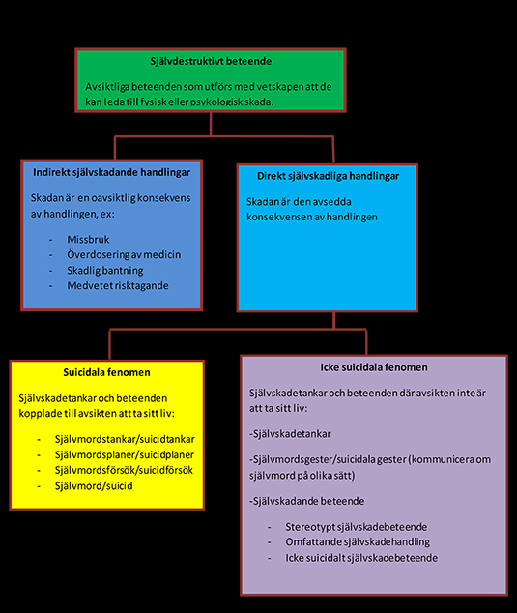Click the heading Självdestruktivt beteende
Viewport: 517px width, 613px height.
click(211, 61)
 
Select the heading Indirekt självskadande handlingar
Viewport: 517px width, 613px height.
click(112, 172)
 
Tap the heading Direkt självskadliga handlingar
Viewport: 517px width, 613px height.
click(328, 176)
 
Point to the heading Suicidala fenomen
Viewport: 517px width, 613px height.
click(106, 372)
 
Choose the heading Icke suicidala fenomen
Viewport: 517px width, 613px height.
click(374, 367)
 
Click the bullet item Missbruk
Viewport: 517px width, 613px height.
click(88, 239)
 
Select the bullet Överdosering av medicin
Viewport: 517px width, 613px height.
click(124, 254)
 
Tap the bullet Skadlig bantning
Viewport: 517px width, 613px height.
click(105, 270)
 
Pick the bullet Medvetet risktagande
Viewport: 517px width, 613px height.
click(118, 286)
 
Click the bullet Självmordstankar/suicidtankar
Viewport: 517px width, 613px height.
click(125, 439)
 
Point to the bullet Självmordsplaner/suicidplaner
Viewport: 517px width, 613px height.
click(125, 455)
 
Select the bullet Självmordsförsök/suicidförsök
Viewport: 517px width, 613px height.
click(124, 470)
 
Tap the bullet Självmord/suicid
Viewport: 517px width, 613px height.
click(94, 486)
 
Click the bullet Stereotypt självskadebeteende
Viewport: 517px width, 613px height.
click(356, 527)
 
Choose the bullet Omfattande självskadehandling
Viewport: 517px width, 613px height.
click(358, 542)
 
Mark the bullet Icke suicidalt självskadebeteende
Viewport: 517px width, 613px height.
click(361, 558)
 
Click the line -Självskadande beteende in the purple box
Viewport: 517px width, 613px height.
click(306, 501)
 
